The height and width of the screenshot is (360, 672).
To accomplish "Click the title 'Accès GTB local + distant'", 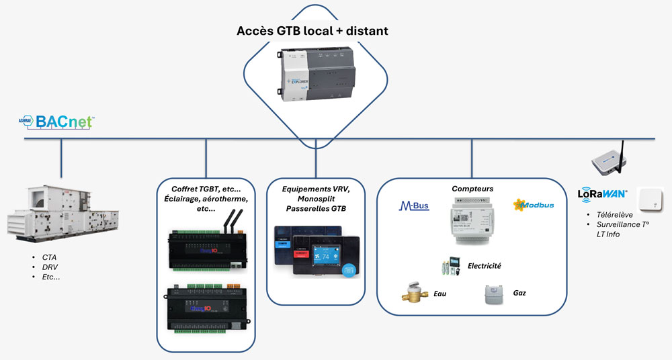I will coord(312,31).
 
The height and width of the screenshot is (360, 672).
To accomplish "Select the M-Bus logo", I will coord(414,206).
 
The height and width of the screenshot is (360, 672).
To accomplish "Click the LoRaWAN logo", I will coord(602,195).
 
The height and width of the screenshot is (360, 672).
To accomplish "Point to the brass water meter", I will coord(415,294).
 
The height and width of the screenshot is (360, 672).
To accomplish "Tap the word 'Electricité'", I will coord(485,266).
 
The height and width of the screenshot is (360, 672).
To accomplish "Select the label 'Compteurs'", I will coord(472,189).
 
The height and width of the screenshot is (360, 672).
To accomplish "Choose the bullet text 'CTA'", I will coord(49,257).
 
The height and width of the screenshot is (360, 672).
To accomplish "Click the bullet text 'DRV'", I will coord(50,267).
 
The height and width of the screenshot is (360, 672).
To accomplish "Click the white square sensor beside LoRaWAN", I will coord(650,201).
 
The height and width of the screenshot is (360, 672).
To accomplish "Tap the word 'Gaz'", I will coord(519,294).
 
